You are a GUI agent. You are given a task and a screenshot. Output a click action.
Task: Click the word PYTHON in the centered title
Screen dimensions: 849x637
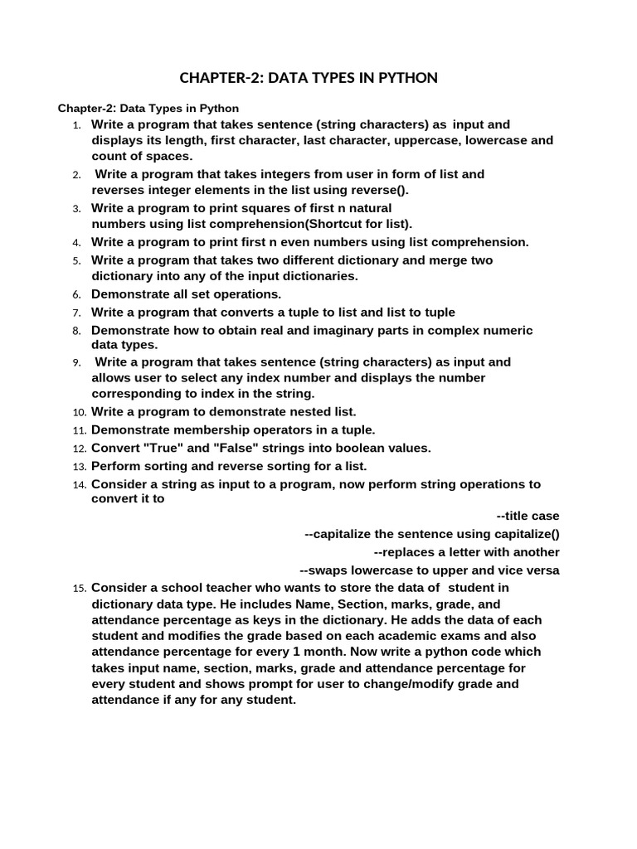click(406, 78)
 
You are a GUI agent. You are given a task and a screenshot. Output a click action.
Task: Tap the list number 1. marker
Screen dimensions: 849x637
click(76, 125)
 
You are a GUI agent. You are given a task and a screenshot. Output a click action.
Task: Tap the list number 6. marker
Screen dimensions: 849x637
click(76, 294)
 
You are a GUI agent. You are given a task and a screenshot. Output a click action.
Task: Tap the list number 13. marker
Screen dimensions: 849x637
click(79, 467)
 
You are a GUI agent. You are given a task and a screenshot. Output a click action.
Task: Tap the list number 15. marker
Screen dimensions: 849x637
click(79, 589)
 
